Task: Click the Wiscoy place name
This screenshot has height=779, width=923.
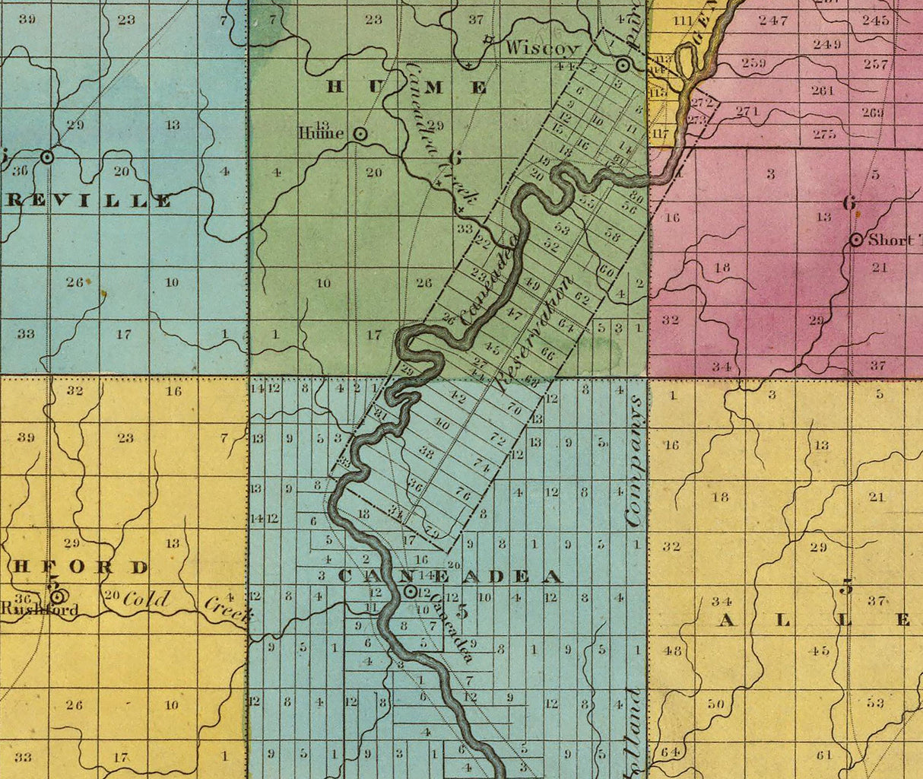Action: (x=543, y=48)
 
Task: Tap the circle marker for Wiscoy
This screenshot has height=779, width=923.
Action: (x=623, y=64)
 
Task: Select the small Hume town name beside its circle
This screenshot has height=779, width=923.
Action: (x=322, y=133)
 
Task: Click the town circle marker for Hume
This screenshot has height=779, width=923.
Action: (x=361, y=134)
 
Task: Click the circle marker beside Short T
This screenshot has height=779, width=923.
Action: (x=856, y=240)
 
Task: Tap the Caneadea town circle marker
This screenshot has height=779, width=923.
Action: (x=410, y=591)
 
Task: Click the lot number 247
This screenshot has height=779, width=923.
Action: (x=773, y=21)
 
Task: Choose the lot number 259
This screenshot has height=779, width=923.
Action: (x=753, y=62)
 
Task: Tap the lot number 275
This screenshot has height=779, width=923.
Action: (x=824, y=134)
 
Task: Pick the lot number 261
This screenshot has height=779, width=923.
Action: (x=823, y=91)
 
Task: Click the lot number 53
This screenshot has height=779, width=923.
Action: (x=876, y=702)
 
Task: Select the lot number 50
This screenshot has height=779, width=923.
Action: (x=715, y=704)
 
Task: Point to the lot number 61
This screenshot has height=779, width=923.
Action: (x=825, y=755)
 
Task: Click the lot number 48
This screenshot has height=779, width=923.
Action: (x=672, y=650)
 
